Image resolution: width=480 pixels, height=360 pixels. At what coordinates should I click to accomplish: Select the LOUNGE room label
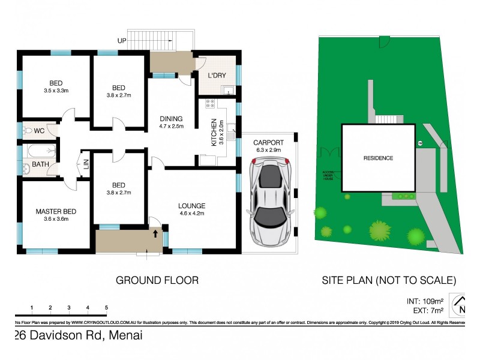[191, 205]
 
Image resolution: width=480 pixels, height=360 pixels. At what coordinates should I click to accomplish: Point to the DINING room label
[171, 118]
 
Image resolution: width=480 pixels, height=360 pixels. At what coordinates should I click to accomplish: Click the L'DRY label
[217, 76]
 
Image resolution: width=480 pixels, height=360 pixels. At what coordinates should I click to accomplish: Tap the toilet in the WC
[28, 130]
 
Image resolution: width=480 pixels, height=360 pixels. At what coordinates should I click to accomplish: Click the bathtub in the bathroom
[42, 151]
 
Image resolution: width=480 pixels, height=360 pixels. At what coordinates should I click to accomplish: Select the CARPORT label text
[268, 142]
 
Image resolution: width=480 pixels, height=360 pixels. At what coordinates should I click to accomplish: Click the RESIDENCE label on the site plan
[378, 158]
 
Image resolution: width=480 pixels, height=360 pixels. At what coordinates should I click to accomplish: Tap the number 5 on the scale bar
[106, 308]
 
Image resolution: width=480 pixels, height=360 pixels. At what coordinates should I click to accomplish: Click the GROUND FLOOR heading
[157, 280]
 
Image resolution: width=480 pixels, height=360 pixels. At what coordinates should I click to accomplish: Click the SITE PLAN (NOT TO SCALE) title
[389, 280]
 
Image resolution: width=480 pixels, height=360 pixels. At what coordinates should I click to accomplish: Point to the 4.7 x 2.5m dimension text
[171, 126]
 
